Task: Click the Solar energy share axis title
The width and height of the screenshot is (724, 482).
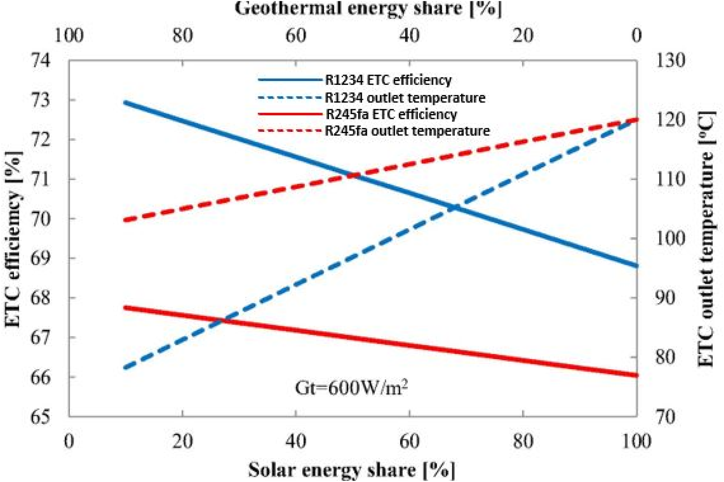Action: [x=352, y=470]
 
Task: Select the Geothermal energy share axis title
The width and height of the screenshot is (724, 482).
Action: [x=368, y=8]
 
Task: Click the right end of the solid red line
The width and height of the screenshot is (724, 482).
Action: [x=636, y=375]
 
